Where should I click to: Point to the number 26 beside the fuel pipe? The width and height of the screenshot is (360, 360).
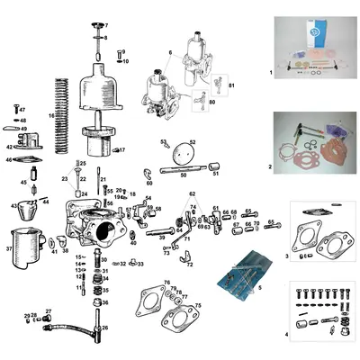[x=105, y=328]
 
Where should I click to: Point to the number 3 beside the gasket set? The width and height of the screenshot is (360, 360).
[x=286, y=256]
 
